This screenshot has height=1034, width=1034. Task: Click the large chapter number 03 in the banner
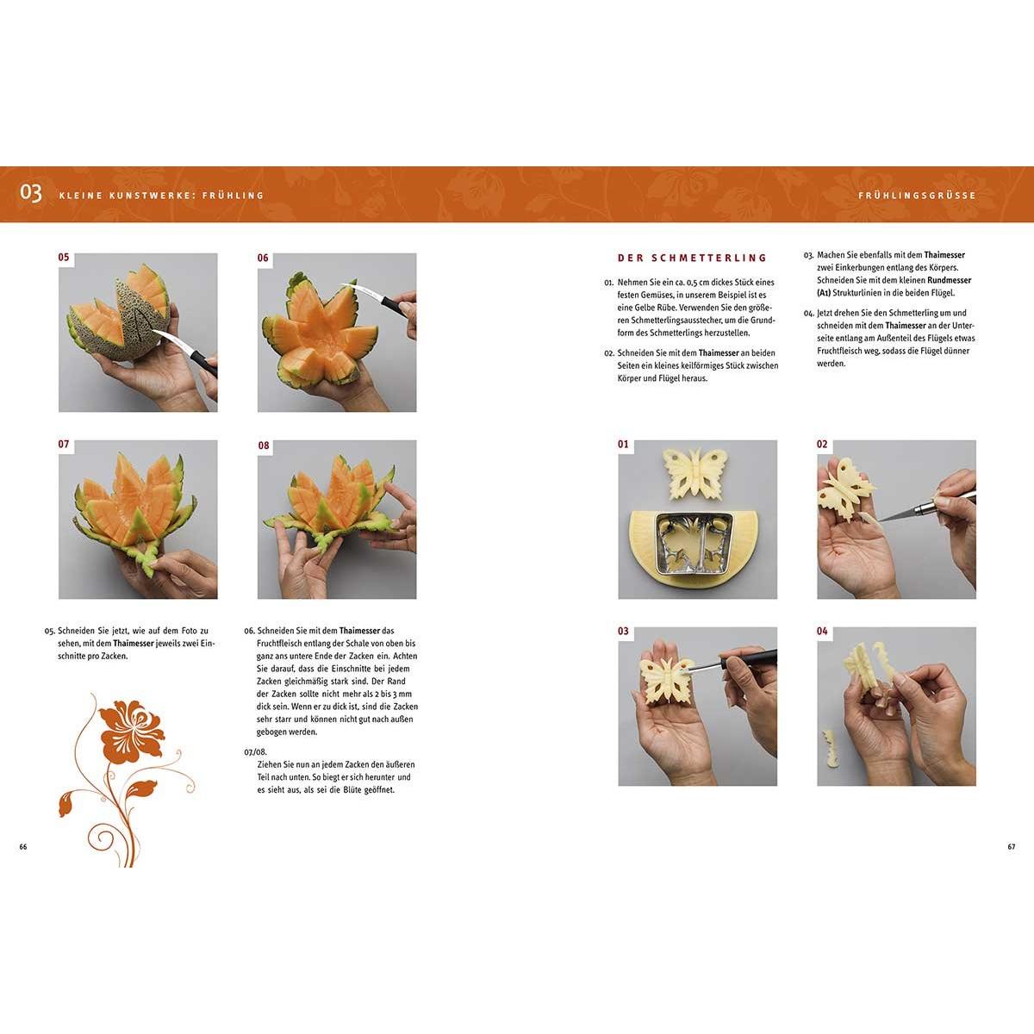pyautogui.click(x=30, y=193)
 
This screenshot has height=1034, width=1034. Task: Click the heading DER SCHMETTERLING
pyautogui.click(x=692, y=258)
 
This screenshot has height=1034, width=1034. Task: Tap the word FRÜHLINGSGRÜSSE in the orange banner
pyautogui.click(x=917, y=196)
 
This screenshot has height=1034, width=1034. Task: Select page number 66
pyautogui.click(x=23, y=847)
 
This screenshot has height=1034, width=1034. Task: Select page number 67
pyautogui.click(x=1011, y=847)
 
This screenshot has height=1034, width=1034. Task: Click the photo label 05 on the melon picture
pyautogui.click(x=64, y=258)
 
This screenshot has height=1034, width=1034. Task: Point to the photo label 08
pyautogui.click(x=264, y=445)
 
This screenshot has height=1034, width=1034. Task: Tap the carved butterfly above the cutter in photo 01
pyautogui.click(x=692, y=471)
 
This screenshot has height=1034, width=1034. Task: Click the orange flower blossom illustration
pyautogui.click(x=130, y=732)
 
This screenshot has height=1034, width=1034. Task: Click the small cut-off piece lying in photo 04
pyautogui.click(x=830, y=749)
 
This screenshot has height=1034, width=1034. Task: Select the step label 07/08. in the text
pyautogui.click(x=255, y=751)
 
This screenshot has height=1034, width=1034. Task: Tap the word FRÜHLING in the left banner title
pyautogui.click(x=233, y=196)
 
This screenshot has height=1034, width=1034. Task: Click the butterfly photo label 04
pyautogui.click(x=823, y=631)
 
